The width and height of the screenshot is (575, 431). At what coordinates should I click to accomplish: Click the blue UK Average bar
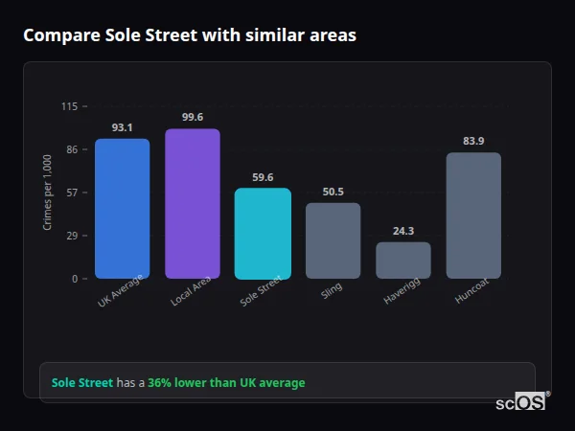click(122, 209)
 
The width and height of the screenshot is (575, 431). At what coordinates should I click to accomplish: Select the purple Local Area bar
click(192, 204)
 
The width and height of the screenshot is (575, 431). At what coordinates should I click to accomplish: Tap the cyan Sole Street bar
click(263, 233)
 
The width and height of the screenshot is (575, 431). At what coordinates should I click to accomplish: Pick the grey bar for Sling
click(333, 240)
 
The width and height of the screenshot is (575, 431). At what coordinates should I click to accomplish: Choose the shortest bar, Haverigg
click(403, 260)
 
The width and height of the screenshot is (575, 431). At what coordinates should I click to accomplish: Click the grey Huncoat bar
click(473, 215)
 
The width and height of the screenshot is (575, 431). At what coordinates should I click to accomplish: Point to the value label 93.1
click(122, 127)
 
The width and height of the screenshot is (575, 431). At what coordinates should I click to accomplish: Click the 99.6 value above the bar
click(192, 117)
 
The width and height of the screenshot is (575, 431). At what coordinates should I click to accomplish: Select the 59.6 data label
click(263, 177)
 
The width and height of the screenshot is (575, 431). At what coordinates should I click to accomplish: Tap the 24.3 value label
click(403, 231)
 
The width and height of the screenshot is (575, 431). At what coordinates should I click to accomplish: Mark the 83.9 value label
click(473, 141)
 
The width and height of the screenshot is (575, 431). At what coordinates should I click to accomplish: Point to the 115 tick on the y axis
click(70, 106)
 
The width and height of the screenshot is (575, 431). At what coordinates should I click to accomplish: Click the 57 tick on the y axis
click(72, 193)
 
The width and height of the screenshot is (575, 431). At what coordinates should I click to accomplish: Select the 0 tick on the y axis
click(75, 279)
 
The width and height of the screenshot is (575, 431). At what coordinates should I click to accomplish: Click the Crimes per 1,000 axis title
click(48, 192)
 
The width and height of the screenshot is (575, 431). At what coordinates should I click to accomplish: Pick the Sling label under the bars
click(331, 290)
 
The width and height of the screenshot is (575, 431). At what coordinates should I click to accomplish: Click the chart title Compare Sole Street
click(189, 35)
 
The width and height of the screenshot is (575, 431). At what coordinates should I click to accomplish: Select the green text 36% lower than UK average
click(226, 383)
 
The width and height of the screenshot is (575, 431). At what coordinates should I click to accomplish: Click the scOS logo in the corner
click(521, 402)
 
